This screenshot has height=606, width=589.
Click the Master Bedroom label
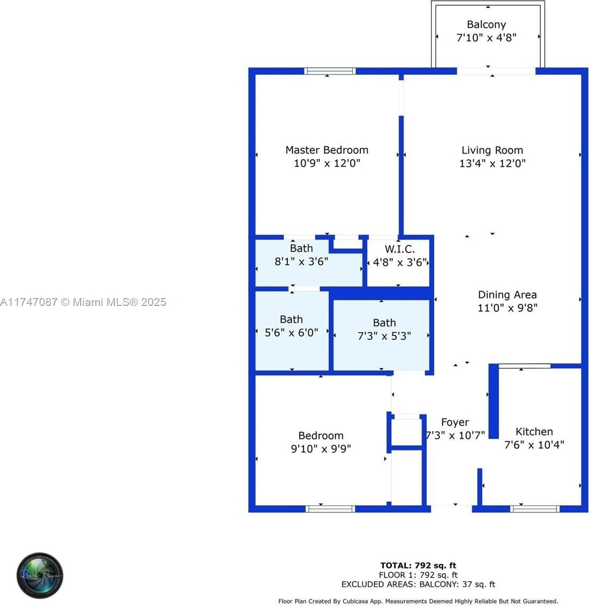[327, 150]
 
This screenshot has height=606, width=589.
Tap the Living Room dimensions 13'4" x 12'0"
[492, 163]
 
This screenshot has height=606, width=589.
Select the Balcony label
[486, 25]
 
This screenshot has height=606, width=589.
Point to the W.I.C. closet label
[399, 249]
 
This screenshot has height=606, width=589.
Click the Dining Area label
[507, 295]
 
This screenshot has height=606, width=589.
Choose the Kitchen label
[534, 431]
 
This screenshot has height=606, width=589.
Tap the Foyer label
[455, 422]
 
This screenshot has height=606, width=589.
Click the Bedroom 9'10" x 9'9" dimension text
[321, 449]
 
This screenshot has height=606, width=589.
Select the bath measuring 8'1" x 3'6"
[301, 255]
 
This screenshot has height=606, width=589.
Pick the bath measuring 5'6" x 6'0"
[291, 326]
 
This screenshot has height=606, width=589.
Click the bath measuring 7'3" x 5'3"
[384, 329]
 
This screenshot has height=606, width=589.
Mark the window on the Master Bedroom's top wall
[330, 71]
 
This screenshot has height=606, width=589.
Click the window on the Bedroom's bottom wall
[330, 508]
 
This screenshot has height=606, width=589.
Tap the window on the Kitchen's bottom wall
[535, 508]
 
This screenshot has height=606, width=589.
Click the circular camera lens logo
[40, 575]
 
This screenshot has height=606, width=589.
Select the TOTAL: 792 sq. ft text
[418, 566]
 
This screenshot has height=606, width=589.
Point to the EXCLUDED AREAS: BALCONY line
[418, 584]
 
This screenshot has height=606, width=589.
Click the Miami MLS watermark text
[83, 302]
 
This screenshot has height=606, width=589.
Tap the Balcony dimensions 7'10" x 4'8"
[486, 38]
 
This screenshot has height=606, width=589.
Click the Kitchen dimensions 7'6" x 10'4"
[534, 445]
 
